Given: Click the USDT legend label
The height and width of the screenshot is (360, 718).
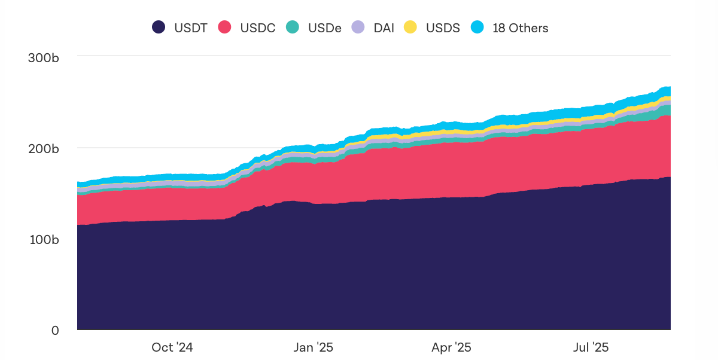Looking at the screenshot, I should (191, 28).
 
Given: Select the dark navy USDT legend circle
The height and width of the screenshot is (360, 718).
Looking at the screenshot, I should (159, 28).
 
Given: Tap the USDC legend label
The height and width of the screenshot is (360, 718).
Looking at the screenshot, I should (258, 28).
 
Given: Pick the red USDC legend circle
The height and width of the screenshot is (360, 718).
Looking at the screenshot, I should (224, 28).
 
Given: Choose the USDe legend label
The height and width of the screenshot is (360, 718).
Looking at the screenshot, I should (325, 28).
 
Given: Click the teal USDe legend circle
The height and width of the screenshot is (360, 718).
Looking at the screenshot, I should (292, 28).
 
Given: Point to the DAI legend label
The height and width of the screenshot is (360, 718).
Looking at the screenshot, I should (384, 28).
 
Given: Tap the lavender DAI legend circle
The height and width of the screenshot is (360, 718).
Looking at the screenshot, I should (358, 28).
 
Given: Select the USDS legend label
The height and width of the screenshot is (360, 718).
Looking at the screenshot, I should (443, 28).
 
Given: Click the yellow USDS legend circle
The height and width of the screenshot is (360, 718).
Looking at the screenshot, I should (410, 28).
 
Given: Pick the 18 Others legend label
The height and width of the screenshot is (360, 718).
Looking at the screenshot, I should (521, 28).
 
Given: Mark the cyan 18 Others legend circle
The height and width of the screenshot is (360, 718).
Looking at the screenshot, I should (477, 28).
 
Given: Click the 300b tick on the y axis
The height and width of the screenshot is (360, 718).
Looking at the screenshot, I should (44, 58).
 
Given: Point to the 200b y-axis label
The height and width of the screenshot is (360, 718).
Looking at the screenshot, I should (44, 148).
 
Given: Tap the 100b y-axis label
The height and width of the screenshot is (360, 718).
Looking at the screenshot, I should (44, 239).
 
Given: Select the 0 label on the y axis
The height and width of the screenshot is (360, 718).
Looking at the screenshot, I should (55, 330).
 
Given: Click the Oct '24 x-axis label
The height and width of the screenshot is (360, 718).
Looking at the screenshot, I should (172, 347).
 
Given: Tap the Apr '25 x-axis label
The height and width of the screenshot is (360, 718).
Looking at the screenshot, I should (451, 347).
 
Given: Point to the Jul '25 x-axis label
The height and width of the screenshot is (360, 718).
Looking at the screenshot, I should (591, 347).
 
